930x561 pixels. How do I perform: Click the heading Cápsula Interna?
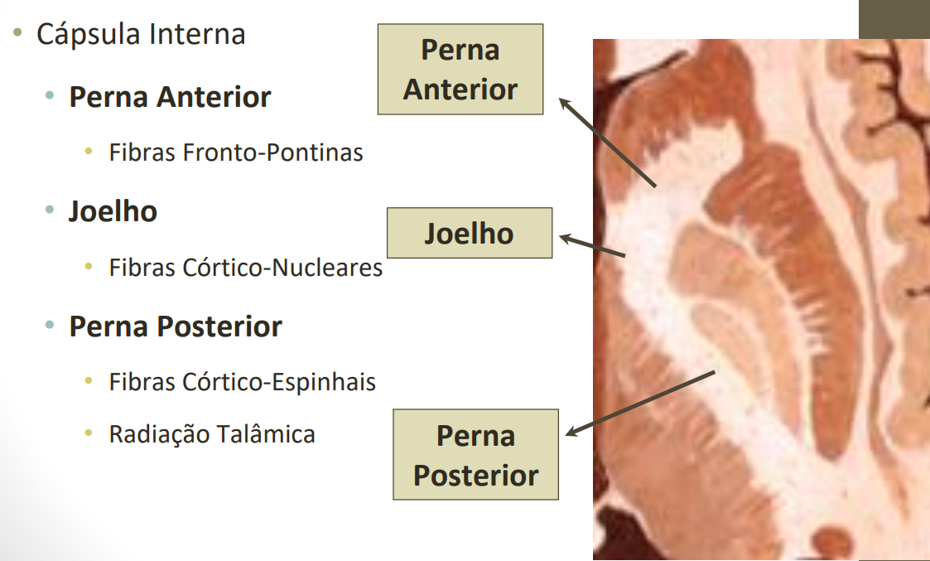coord(141,35)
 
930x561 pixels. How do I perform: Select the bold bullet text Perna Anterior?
coord(170,97)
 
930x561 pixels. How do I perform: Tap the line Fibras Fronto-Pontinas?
coord(236,152)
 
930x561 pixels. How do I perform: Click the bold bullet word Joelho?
coord(113,211)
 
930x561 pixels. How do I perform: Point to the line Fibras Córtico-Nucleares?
coord(246,268)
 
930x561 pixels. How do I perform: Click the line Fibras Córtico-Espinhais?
coord(243,382)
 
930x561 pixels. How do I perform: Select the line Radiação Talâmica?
coord(212,434)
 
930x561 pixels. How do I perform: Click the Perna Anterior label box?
coord(460,69)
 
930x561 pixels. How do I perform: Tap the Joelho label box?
coord(470,233)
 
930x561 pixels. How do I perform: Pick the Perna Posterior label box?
coord(475,455)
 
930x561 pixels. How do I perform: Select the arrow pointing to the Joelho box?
coord(591,246)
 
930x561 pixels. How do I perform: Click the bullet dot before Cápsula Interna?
coord(17,35)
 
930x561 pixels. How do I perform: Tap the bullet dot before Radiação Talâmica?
coord(89,434)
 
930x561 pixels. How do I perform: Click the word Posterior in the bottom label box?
coord(475,476)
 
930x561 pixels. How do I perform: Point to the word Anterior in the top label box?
coord(460,89)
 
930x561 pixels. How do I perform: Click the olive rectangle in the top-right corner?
coord(894,18)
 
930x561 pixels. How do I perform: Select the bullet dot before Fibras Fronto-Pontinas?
coord(89,152)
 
